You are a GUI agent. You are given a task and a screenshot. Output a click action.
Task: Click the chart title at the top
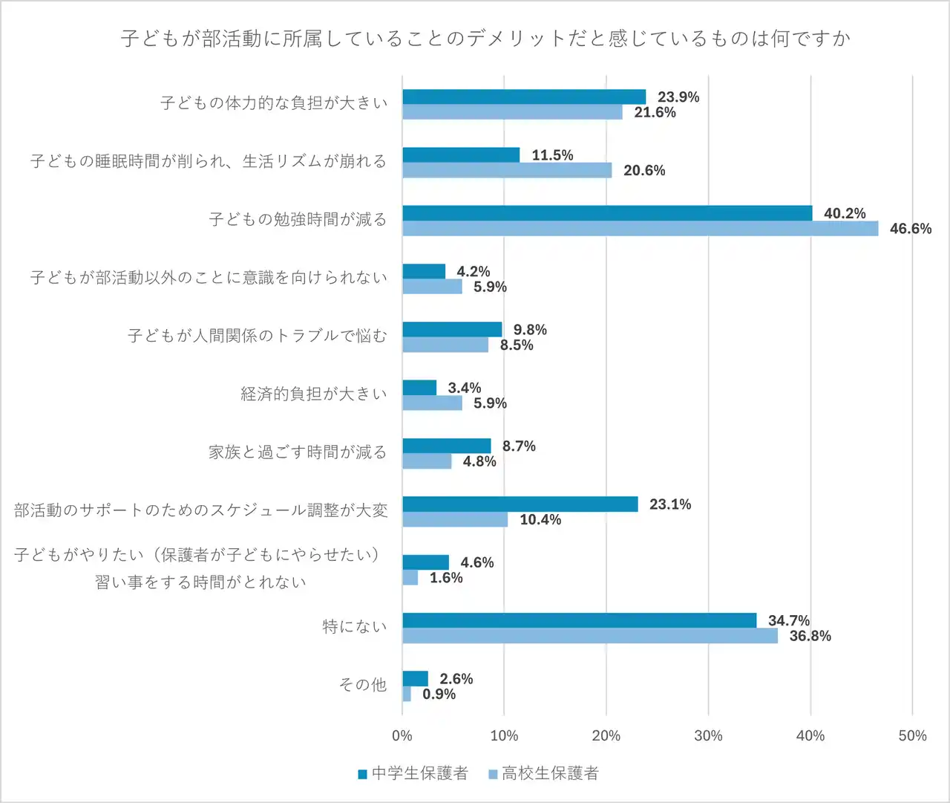pyautogui.click(x=485, y=38)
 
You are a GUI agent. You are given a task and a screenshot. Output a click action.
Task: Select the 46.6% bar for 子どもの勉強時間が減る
pyautogui.click(x=640, y=229)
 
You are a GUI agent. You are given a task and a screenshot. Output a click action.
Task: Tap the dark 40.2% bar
pyautogui.click(x=607, y=213)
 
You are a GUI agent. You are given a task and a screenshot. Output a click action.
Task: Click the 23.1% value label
pyautogui.click(x=669, y=504)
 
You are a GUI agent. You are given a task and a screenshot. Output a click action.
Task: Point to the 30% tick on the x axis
pyautogui.click(x=708, y=735)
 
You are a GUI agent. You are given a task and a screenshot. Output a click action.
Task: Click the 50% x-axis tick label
pyautogui.click(x=912, y=735)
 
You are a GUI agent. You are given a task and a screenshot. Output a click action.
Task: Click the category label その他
pyautogui.click(x=363, y=685)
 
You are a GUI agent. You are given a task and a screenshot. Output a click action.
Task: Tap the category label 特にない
pyautogui.click(x=355, y=627)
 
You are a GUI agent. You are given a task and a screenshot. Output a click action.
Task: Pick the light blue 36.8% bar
pyautogui.click(x=590, y=636)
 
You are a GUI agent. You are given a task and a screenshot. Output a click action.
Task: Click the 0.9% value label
pyautogui.click(x=439, y=694)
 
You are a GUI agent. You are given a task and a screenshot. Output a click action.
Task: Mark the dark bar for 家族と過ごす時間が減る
pyautogui.click(x=447, y=446)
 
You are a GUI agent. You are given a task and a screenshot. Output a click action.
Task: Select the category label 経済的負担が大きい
pyautogui.click(x=314, y=394)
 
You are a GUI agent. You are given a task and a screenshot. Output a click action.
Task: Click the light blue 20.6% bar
pyautogui.click(x=507, y=170)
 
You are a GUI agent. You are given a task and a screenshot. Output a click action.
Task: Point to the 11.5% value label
pyautogui.click(x=552, y=155)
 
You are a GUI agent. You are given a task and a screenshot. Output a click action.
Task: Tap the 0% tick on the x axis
pyautogui.click(x=402, y=735)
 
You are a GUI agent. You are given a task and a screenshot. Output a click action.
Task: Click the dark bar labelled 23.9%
pyautogui.click(x=524, y=97)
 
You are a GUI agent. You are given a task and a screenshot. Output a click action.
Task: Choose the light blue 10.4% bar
pyautogui.click(x=455, y=519)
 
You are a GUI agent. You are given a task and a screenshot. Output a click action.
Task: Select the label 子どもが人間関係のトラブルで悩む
pyautogui.click(x=258, y=336)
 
